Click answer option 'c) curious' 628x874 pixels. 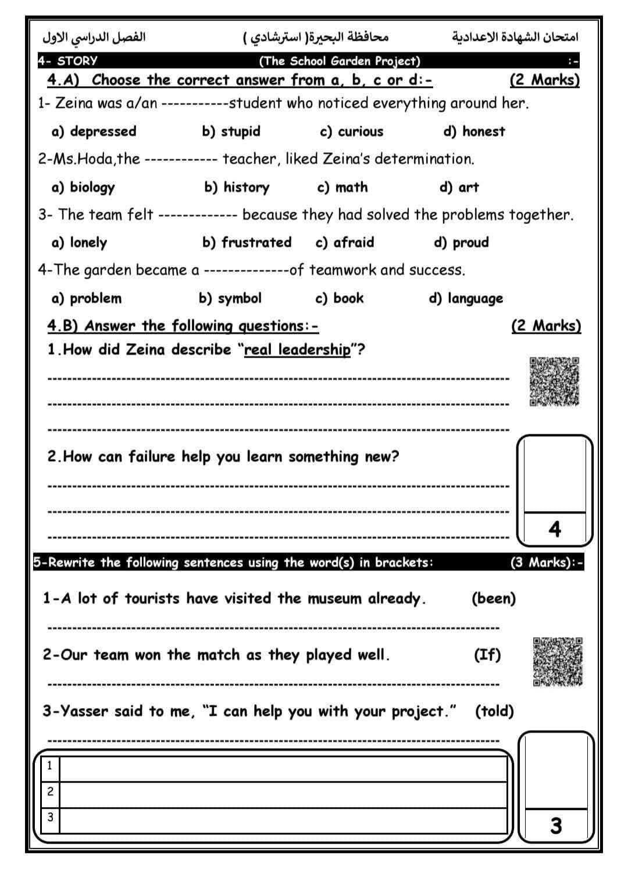[352, 131]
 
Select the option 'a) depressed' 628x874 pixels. [94, 131]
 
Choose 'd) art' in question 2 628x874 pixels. [459, 187]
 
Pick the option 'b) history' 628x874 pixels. [237, 187]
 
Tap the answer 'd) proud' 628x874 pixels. [462, 242]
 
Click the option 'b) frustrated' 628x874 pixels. [247, 242]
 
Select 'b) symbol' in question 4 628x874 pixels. [230, 298]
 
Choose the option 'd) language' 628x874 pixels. [466, 299]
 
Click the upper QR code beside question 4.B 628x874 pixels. [554, 381]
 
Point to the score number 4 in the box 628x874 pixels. [555, 529]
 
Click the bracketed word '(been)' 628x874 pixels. [494, 598]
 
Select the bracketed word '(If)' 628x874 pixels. [487, 655]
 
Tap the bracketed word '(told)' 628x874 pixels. [494, 711]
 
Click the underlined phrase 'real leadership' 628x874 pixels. [298, 349]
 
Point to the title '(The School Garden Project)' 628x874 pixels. [339, 61]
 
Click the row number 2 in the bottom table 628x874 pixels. [50, 791]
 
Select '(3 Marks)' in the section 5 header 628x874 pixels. [540, 562]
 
